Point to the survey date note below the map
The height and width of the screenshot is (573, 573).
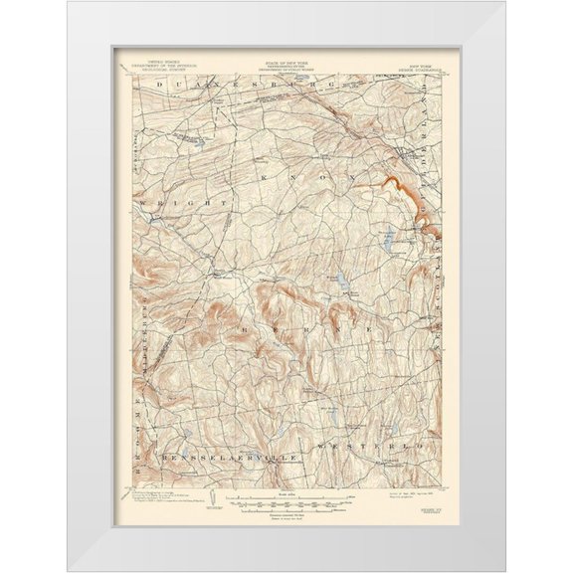[x=407, y=492]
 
